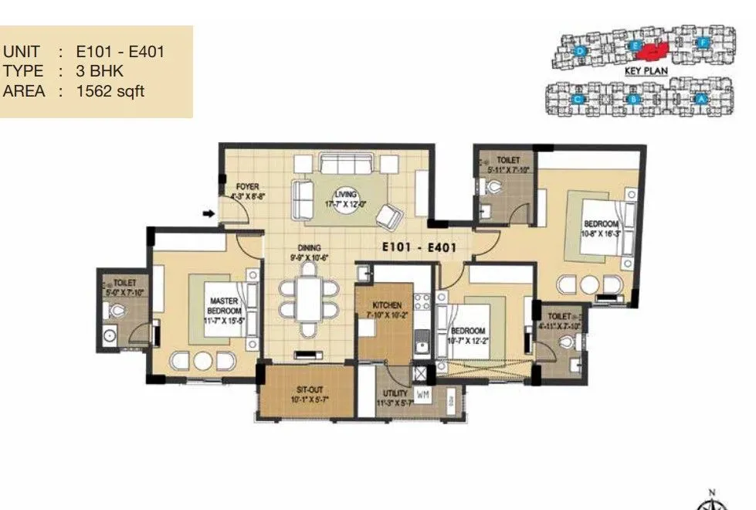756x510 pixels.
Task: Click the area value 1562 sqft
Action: coord(110,91)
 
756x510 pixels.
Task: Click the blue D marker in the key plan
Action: coord(581,51)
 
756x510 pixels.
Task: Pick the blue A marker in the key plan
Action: coord(700,99)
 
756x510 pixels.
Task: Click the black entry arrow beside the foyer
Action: coord(208,213)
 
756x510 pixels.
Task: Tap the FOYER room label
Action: coord(248,187)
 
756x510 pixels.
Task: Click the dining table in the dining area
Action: coord(309,297)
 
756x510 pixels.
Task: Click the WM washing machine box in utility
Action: coord(422,395)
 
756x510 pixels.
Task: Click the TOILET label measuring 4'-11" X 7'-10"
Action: coord(558,317)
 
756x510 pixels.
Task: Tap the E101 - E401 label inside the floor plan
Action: coord(420,248)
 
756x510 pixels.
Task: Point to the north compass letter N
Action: coord(712,491)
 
